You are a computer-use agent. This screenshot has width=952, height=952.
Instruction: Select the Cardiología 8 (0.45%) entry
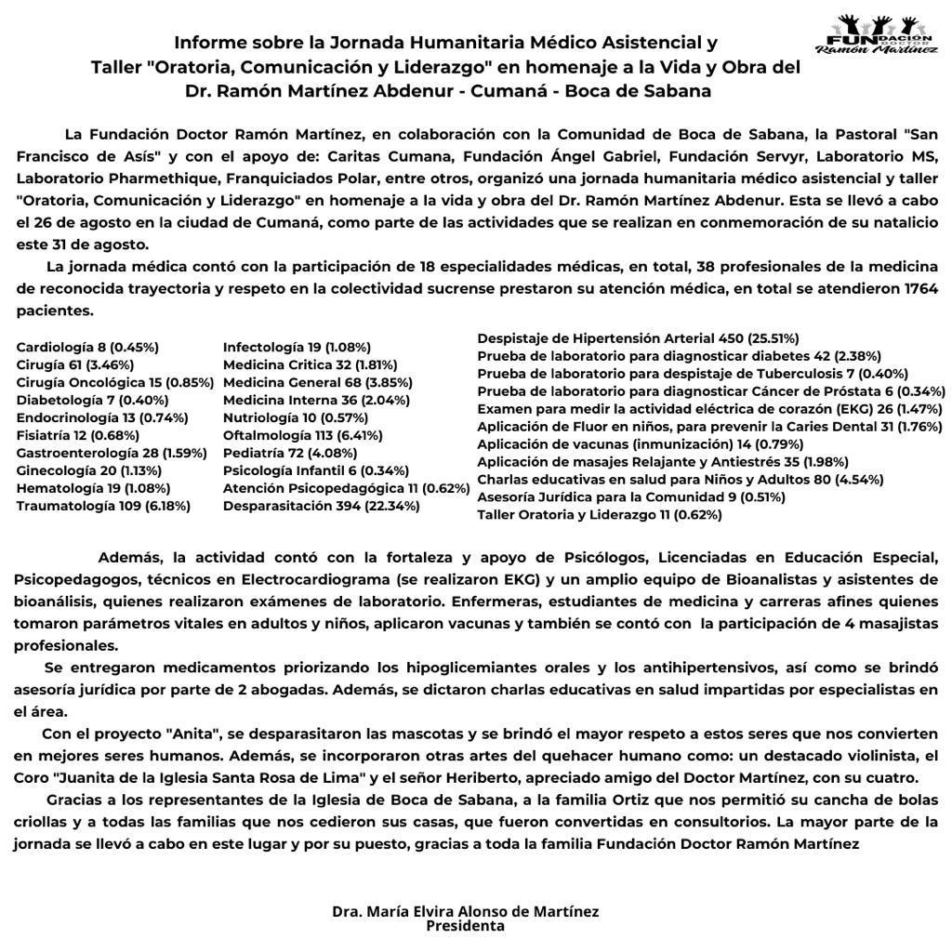[x=87, y=347]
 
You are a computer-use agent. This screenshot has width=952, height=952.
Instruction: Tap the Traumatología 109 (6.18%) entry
[x=103, y=506]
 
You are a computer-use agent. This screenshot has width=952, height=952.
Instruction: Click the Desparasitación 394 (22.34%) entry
[x=321, y=506]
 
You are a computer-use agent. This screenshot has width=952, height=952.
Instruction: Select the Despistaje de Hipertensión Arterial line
[x=638, y=338]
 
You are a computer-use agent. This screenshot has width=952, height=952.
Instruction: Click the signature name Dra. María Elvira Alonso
[x=465, y=911]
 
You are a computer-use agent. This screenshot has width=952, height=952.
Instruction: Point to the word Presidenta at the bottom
[x=465, y=926]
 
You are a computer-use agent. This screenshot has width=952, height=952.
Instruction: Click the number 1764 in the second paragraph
[x=920, y=289]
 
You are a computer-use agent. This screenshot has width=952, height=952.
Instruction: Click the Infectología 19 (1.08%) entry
[x=297, y=347]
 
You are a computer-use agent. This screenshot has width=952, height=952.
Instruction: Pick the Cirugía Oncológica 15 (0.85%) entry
[x=114, y=382]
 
